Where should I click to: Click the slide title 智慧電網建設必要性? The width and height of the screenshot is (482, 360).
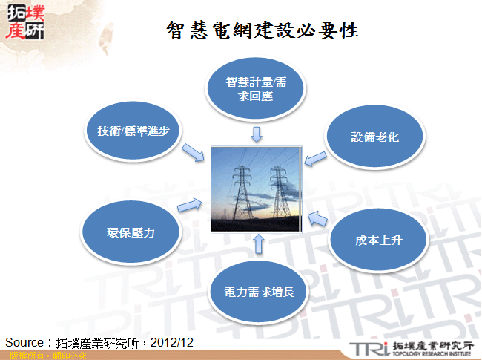click(x=263, y=30)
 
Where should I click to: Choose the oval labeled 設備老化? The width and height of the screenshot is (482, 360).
click(x=375, y=137)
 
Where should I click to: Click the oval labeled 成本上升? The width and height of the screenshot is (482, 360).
click(x=378, y=240)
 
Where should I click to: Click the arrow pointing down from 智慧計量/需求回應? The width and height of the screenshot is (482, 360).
click(x=257, y=134)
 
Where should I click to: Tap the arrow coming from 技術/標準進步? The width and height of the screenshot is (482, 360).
click(x=192, y=151)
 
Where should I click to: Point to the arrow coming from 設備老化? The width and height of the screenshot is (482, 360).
click(x=316, y=157)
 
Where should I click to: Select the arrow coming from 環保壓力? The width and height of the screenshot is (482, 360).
click(x=188, y=204)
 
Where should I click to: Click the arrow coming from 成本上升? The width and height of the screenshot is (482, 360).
click(x=317, y=217)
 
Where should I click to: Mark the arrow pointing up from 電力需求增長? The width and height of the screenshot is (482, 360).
click(x=258, y=243)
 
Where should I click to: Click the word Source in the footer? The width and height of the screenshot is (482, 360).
click(x=24, y=342)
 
